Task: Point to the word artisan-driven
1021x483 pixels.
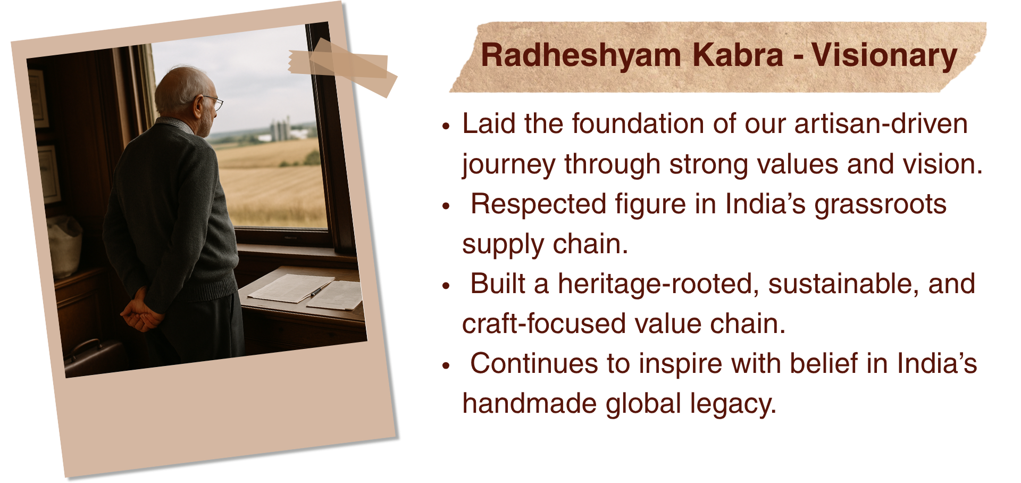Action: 881,123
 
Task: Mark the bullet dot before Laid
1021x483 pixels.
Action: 446,126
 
